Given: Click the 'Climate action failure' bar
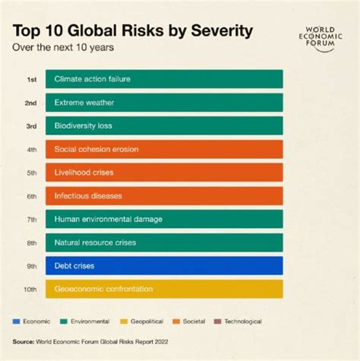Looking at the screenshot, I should click(164, 79).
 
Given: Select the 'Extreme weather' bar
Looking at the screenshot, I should click(164, 103).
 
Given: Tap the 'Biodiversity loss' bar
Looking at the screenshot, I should click(164, 125).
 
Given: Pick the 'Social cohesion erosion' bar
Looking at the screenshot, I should click(164, 149).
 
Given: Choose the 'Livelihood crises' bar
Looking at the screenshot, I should click(164, 173).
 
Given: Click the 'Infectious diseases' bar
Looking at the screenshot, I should click(164, 196).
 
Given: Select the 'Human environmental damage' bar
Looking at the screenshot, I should click(164, 219).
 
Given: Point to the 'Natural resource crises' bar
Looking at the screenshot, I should click(164, 242).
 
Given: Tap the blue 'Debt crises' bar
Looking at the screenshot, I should click(164, 265).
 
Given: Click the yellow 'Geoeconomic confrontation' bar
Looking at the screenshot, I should click(164, 289).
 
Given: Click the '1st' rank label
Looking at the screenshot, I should click(32, 79).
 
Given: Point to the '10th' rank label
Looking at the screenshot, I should click(30, 289).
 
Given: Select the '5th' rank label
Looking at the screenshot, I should click(32, 173).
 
